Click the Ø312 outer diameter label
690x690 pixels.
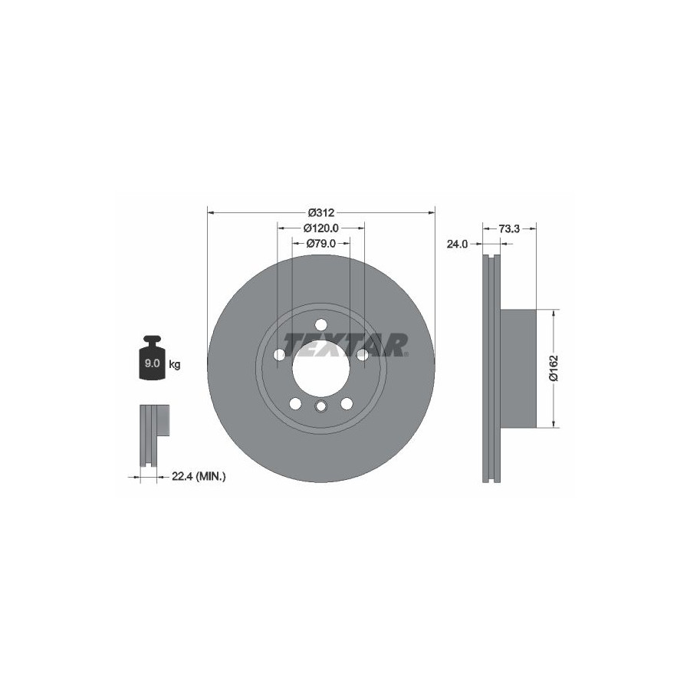(321, 213)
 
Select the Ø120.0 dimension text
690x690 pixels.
(320, 228)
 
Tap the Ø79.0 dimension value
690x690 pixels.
(320, 243)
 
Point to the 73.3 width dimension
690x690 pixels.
(509, 228)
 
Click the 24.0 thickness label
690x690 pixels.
(457, 244)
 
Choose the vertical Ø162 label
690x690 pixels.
(554, 368)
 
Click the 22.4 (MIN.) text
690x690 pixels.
(199, 476)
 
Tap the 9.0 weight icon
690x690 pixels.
(153, 358)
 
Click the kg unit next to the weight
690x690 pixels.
(175, 365)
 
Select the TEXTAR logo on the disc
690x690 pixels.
(345, 344)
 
